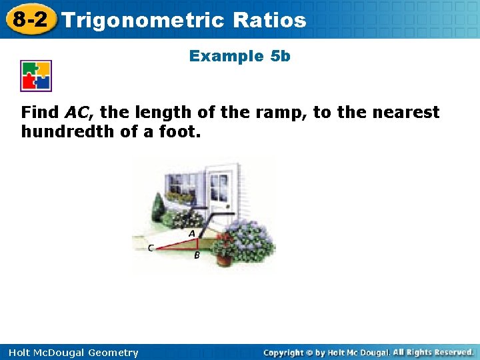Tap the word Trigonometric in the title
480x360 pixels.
click(143, 20)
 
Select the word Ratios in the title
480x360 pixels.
click(270, 20)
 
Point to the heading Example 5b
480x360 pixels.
click(240, 56)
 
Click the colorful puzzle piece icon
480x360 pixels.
click(36, 76)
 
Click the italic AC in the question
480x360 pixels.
click(76, 112)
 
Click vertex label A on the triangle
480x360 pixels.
click(192, 233)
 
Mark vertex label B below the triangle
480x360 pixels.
click(197, 255)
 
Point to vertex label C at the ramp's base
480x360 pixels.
click(151, 248)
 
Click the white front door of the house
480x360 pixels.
click(221, 190)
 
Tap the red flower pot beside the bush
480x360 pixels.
click(223, 258)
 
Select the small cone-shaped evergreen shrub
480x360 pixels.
click(157, 208)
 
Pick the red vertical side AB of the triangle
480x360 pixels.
click(197, 243)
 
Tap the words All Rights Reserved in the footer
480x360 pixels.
click(433, 352)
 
